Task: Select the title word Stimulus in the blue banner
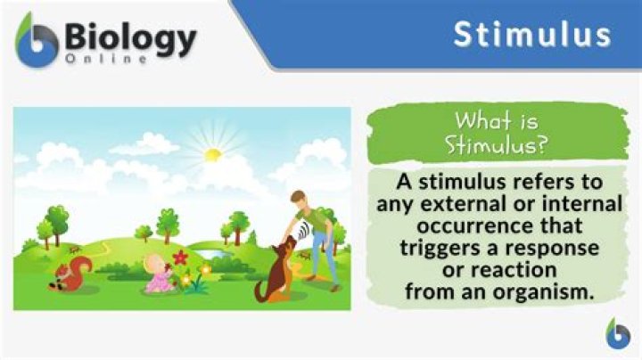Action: pos(532,34)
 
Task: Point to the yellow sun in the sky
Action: pos(212,155)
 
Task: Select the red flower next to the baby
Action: pos(181,258)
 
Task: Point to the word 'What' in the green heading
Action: pos(482,120)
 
